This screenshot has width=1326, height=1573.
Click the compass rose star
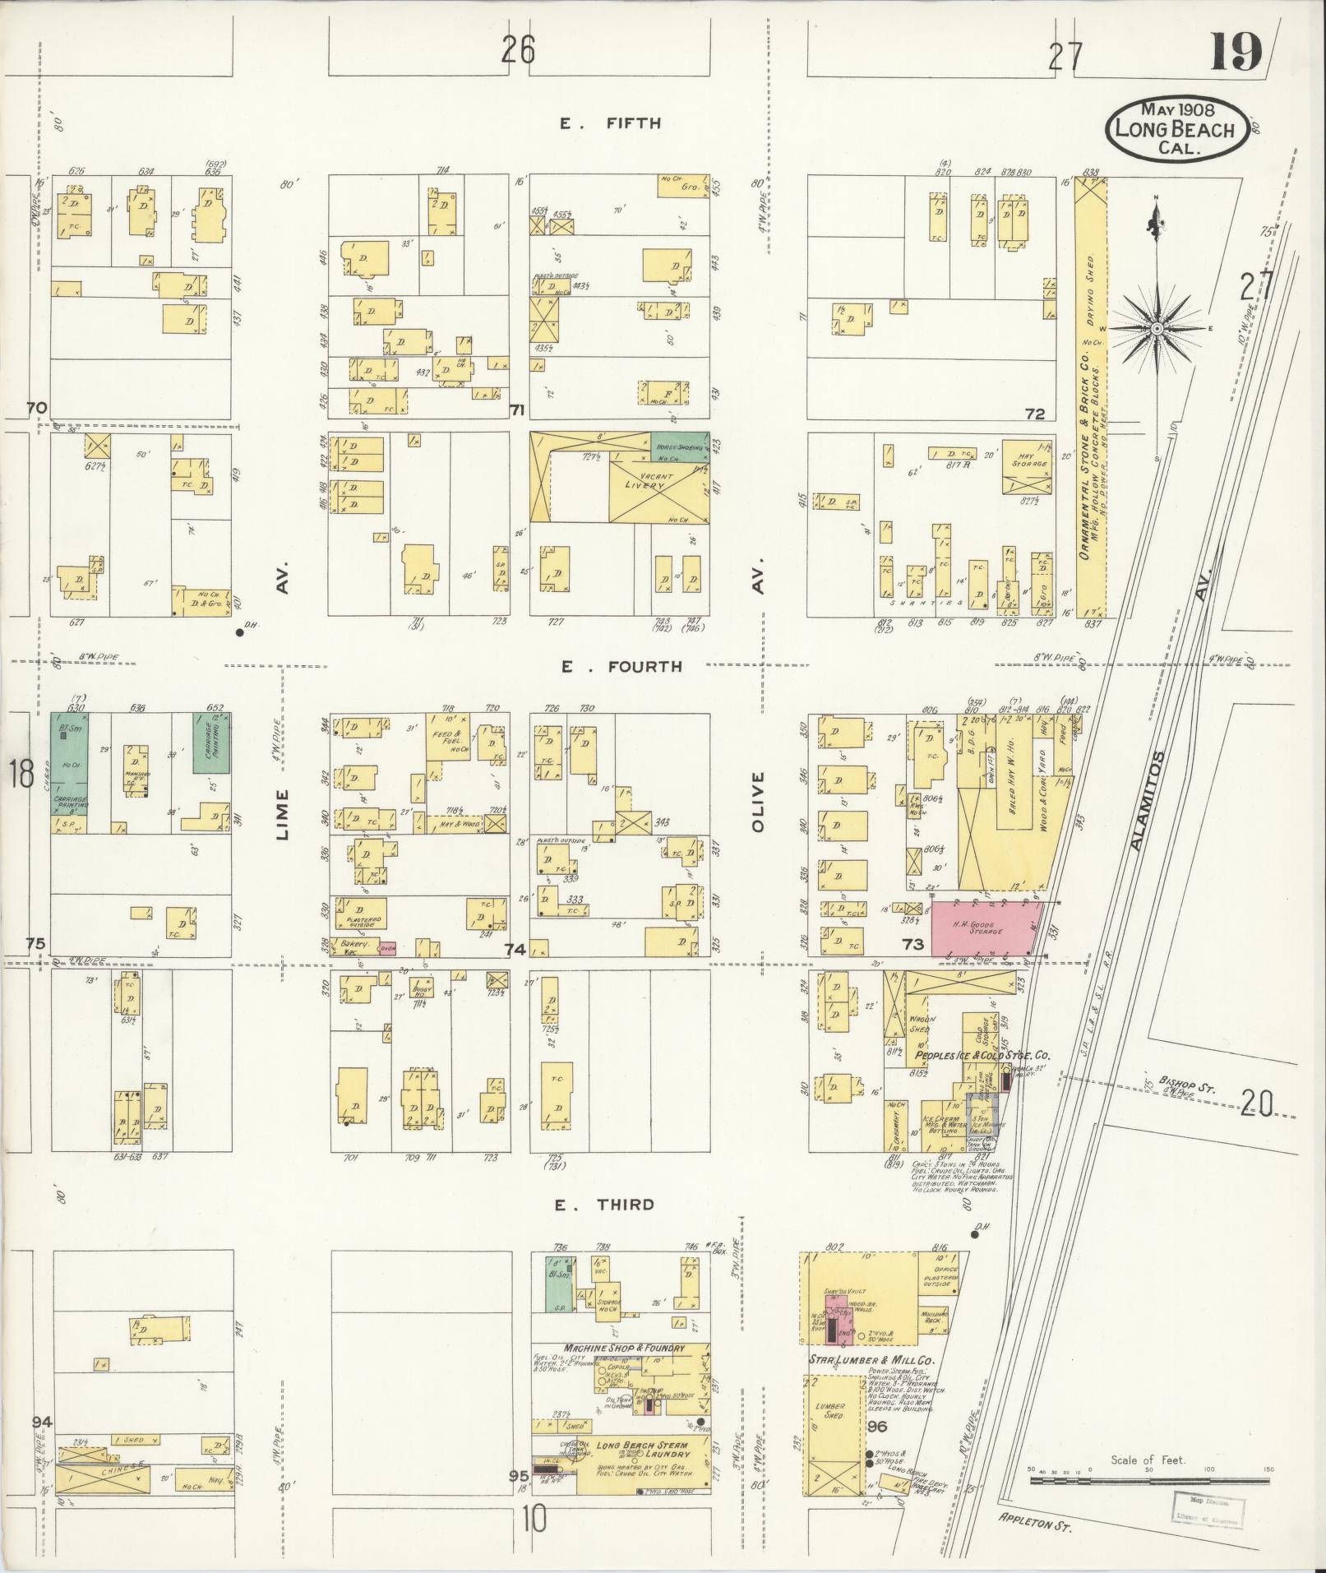pos(1157,328)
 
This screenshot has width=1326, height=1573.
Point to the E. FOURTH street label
pos(621,666)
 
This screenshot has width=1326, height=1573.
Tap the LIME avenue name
pos(284,814)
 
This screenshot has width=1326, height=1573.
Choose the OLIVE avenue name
pos(758,801)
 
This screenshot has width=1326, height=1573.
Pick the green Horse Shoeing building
pos(679,445)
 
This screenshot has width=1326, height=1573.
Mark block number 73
pos(914,945)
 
